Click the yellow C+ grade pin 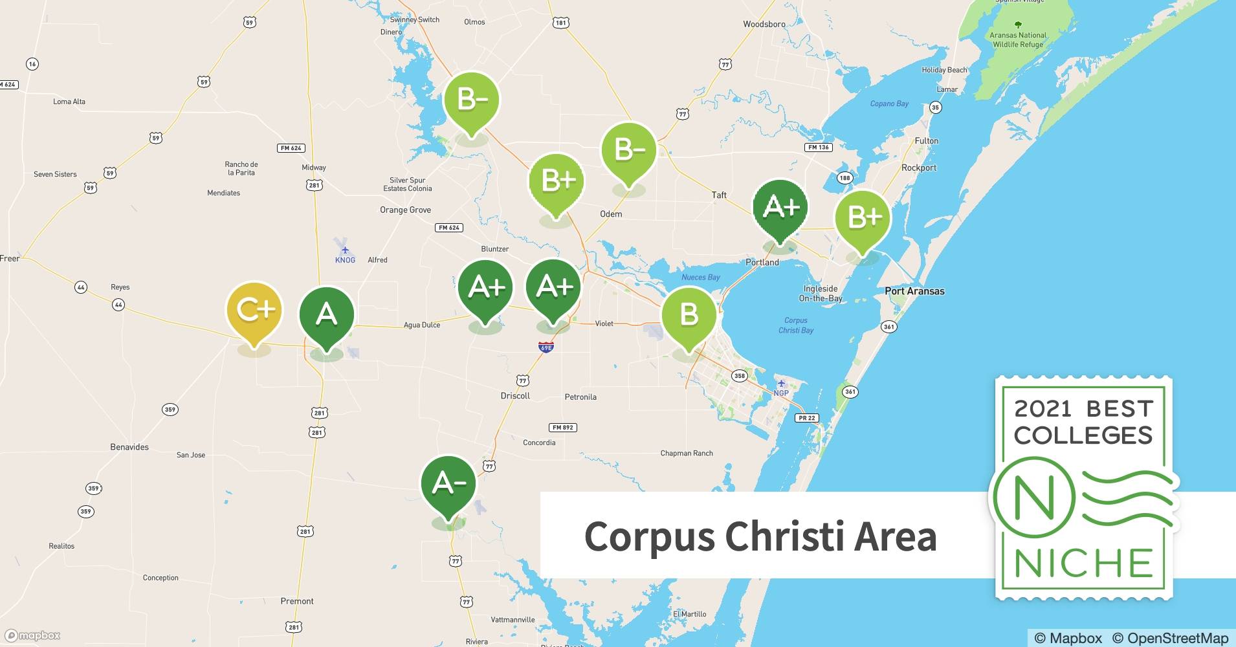pyautogui.click(x=254, y=311)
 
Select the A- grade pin pyautogui.click(x=448, y=483)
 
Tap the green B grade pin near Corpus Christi pyautogui.click(x=689, y=315)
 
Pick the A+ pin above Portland pyautogui.click(x=780, y=208)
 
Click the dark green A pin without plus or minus pyautogui.click(x=326, y=315)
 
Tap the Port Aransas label pyautogui.click(x=914, y=291)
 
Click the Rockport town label pyautogui.click(x=918, y=168)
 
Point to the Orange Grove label pyautogui.click(x=405, y=210)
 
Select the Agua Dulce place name pyautogui.click(x=421, y=325)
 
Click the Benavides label pyautogui.click(x=129, y=447)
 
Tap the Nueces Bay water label pyautogui.click(x=700, y=278)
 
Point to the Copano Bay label pyautogui.click(x=889, y=104)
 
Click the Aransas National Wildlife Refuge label pyautogui.click(x=1018, y=39)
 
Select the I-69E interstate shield pyautogui.click(x=546, y=347)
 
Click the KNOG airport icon pyautogui.click(x=345, y=250)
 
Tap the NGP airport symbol pyautogui.click(x=781, y=384)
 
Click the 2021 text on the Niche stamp pyautogui.click(x=1041, y=409)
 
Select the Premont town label pyautogui.click(x=297, y=601)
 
